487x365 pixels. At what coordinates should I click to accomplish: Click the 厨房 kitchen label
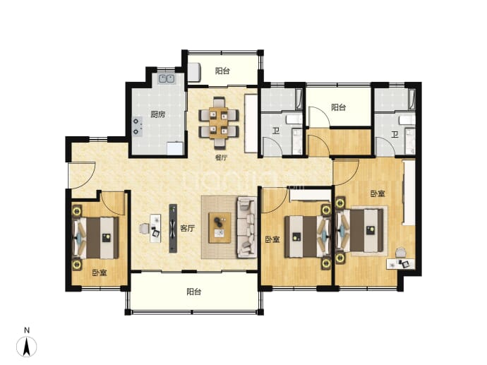158,114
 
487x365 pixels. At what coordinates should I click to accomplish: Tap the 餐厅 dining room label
221,158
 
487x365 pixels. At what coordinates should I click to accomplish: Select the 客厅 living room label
188,228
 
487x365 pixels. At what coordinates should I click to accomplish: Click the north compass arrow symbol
27,346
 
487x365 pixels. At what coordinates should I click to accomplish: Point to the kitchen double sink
167,79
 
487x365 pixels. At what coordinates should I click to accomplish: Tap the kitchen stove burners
137,127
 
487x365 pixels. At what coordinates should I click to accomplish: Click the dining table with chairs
219,123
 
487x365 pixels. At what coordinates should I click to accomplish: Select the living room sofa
247,227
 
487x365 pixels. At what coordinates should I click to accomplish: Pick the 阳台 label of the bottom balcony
194,292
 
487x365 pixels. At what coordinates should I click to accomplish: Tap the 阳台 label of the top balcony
222,71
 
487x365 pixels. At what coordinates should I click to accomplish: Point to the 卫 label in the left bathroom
276,131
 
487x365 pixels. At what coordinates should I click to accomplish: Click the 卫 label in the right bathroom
395,135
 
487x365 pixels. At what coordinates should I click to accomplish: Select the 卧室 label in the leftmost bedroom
100,273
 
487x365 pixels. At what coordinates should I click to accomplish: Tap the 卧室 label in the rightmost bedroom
378,194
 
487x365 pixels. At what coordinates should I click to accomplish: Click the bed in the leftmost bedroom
96,238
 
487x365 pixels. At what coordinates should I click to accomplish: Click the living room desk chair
145,229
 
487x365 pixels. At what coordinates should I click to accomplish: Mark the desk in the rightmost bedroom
401,264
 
